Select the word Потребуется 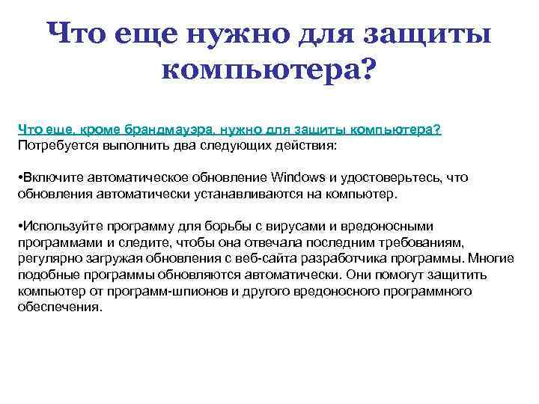tap(53, 144)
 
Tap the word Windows tap(298, 177)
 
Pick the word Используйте tap(62, 226)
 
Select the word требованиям tap(429, 242)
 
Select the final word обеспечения tap(59, 307)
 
